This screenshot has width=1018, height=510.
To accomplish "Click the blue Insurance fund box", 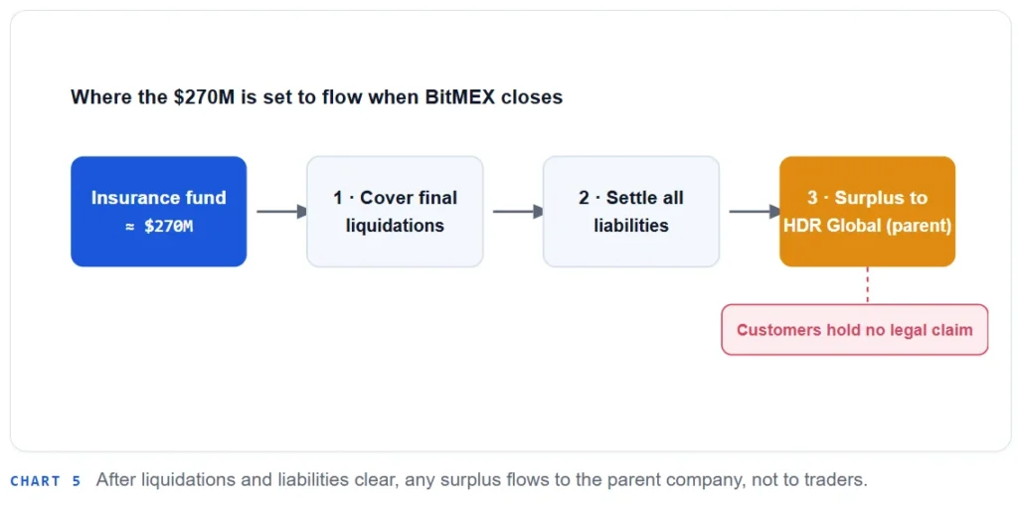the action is [x=158, y=212].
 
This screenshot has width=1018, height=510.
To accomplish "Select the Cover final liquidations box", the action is [x=395, y=212].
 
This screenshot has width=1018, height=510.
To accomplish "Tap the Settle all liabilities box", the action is [x=631, y=212].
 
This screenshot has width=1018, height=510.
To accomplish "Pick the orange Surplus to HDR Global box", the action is [x=867, y=212].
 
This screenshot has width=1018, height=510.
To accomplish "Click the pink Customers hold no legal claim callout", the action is [x=854, y=330].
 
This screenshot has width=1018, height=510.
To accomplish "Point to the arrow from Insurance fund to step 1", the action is [x=281, y=212].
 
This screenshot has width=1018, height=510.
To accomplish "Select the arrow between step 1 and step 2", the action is [x=518, y=212].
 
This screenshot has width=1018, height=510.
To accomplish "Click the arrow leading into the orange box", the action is [x=755, y=212].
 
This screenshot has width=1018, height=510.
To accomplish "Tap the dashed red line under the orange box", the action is [x=867, y=285].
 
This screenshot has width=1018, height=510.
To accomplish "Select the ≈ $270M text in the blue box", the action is [x=158, y=227].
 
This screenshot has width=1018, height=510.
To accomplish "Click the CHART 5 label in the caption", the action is [x=46, y=481].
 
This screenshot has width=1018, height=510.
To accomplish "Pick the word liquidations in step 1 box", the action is [x=395, y=226].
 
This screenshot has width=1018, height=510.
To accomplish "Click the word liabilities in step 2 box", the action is [x=631, y=226].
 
